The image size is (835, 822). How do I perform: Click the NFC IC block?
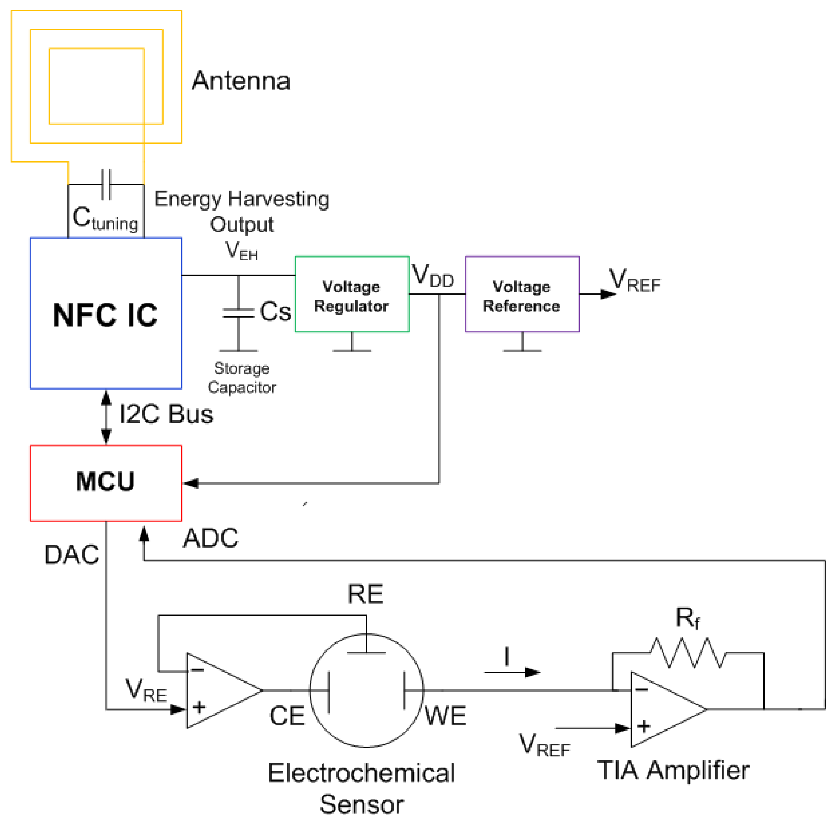pyautogui.click(x=105, y=313)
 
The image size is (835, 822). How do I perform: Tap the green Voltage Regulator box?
pyautogui.click(x=352, y=294)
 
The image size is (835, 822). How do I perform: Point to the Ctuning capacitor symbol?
pyautogui.click(x=106, y=184)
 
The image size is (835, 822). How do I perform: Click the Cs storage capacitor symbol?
pyautogui.click(x=238, y=313)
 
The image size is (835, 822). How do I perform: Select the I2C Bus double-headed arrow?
pyautogui.click(x=106, y=417)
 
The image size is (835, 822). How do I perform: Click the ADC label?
pyautogui.click(x=210, y=538)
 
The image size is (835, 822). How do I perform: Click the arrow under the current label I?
pyautogui.click(x=512, y=672)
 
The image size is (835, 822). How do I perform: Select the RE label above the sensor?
pyautogui.click(x=365, y=594)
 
